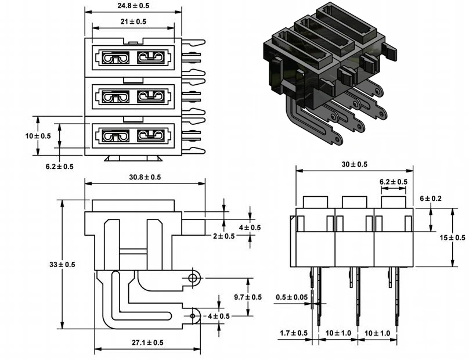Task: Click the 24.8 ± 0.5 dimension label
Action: coord(134,6)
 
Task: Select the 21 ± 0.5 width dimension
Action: coord(134,21)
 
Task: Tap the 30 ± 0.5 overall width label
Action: coord(355,164)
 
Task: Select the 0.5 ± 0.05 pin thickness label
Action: coord(292,297)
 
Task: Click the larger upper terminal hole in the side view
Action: coord(192,280)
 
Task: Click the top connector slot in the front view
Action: coord(133,57)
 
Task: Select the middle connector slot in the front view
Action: coord(133,96)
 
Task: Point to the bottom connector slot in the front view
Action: coord(133,135)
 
